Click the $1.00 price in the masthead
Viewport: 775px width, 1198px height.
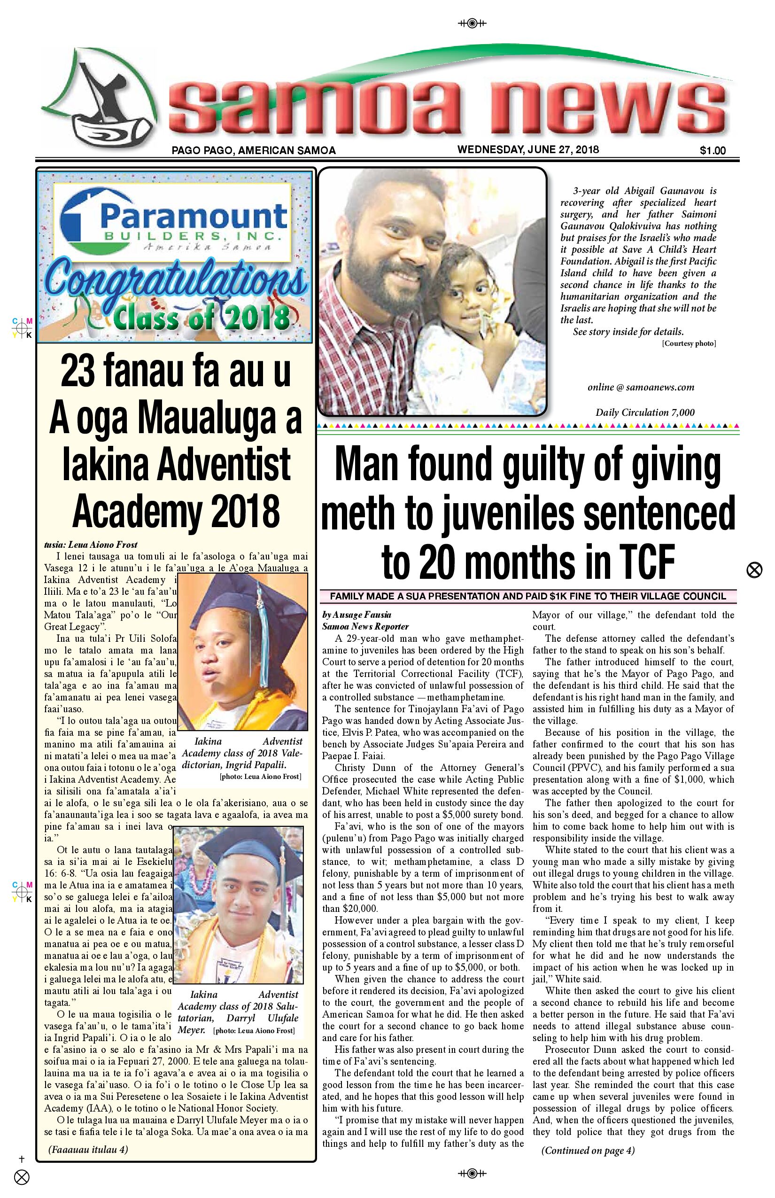click(712, 150)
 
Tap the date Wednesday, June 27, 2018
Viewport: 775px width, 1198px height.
click(528, 149)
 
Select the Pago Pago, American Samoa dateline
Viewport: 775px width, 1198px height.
click(253, 150)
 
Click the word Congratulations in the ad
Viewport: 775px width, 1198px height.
click(174, 283)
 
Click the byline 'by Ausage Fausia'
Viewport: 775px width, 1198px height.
click(356, 614)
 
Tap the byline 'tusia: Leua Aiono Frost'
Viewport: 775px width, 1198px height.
click(91, 544)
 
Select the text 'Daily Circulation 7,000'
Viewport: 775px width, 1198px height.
click(644, 413)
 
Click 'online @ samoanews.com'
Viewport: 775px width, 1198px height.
click(641, 387)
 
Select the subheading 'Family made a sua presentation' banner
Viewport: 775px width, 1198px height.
click(527, 597)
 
